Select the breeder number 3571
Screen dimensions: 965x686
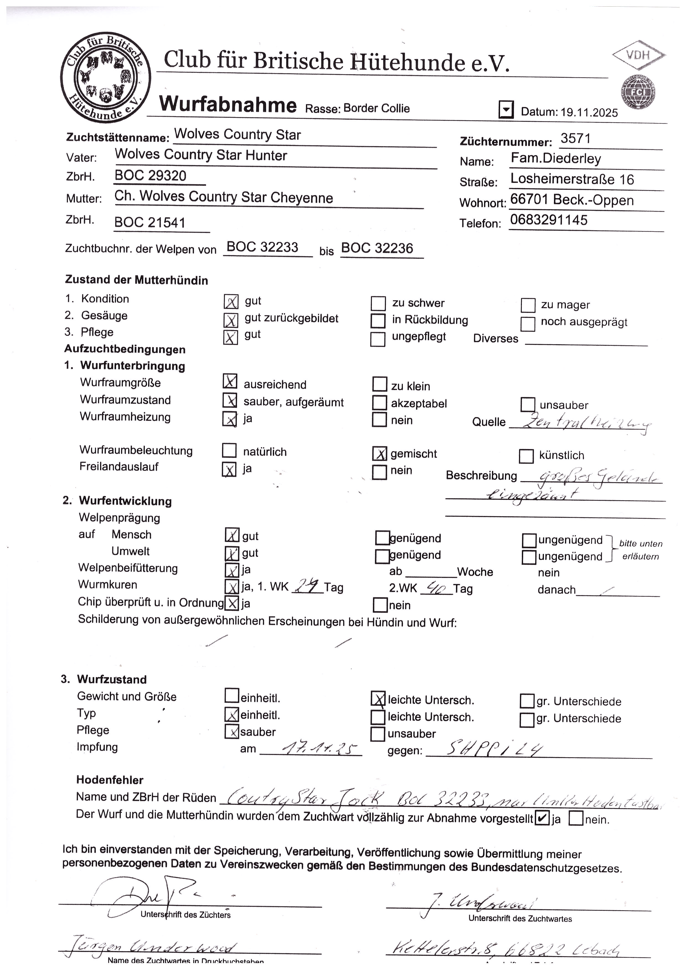[575, 138]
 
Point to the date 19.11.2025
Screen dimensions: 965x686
[589, 112]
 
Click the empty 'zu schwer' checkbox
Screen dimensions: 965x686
[378, 303]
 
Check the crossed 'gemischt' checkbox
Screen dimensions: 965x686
[380, 454]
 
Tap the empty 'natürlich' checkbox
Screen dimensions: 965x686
[229, 450]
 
